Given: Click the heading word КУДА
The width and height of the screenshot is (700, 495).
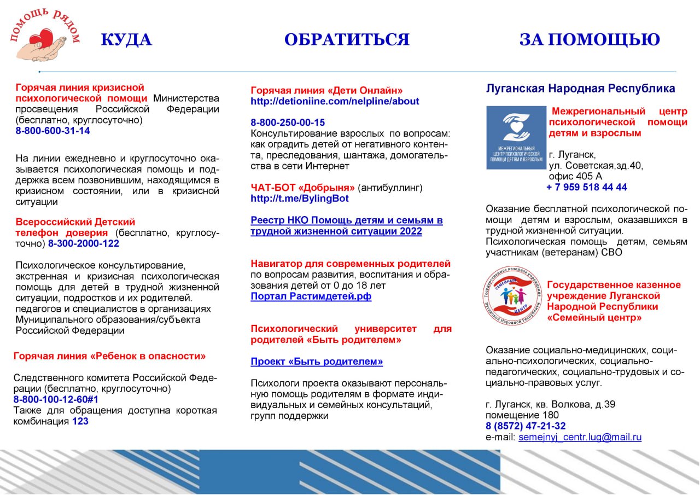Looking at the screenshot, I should pyautogui.click(x=126, y=40).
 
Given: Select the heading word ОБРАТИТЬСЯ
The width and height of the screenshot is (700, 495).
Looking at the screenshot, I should pyautogui.click(x=347, y=40).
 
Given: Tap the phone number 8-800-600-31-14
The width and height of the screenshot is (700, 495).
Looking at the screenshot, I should pyautogui.click(x=53, y=131).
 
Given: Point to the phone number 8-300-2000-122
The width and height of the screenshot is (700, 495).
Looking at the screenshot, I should pyautogui.click(x=84, y=243).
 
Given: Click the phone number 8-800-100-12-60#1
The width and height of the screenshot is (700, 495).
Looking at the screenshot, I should pyautogui.click(x=52, y=399).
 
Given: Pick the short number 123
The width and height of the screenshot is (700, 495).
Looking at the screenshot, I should pyautogui.click(x=80, y=421).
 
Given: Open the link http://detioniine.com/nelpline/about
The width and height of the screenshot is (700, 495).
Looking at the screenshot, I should pyautogui.click(x=335, y=101).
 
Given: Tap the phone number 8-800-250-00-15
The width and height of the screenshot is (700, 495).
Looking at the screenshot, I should pyautogui.click(x=288, y=123).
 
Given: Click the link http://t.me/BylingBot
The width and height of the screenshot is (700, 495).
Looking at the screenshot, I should pyautogui.click(x=300, y=199).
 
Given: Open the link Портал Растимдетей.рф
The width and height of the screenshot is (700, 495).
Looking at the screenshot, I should pyautogui.click(x=311, y=296).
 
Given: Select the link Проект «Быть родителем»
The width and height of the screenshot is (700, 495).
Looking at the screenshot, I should pyautogui.click(x=317, y=362).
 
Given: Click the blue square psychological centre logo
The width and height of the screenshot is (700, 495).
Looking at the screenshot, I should pyautogui.click(x=516, y=137).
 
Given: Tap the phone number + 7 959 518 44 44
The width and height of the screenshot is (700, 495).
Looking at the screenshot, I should pyautogui.click(x=587, y=187).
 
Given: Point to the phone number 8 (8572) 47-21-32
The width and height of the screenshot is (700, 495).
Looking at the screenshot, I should pyautogui.click(x=526, y=426).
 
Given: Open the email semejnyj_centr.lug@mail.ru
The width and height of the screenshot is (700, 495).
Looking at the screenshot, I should pyautogui.click(x=580, y=437).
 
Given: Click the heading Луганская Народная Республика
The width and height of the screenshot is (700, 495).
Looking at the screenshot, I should pyautogui.click(x=580, y=89).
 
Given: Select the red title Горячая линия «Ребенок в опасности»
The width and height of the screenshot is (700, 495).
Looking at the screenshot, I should pyautogui.click(x=109, y=356).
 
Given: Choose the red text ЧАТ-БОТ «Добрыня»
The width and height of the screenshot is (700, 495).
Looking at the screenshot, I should pyautogui.click(x=302, y=188).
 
